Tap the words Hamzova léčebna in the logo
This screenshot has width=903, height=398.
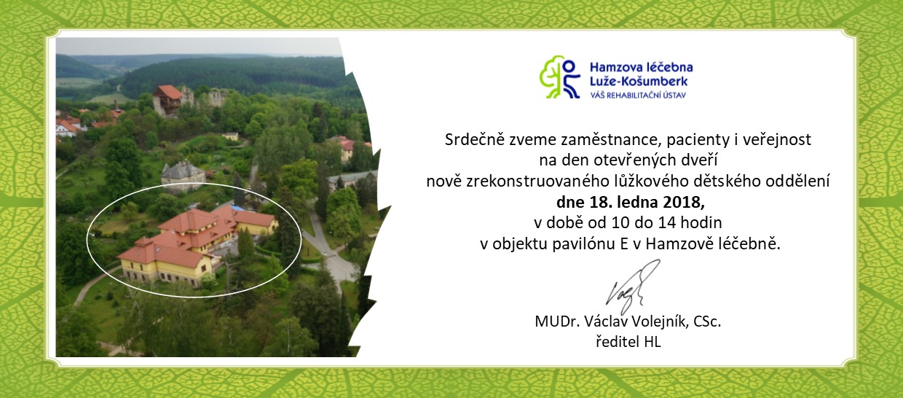click(641, 67)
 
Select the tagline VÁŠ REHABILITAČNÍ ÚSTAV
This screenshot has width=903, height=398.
click(638, 95)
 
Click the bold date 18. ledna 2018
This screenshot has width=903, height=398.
click(647, 202)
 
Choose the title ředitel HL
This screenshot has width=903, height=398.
click(628, 342)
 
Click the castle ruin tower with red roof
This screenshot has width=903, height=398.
click(167, 99)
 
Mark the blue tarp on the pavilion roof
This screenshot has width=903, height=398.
click(237, 208)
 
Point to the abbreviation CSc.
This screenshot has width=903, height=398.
click(708, 321)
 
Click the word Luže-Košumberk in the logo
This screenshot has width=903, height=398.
click(639, 82)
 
